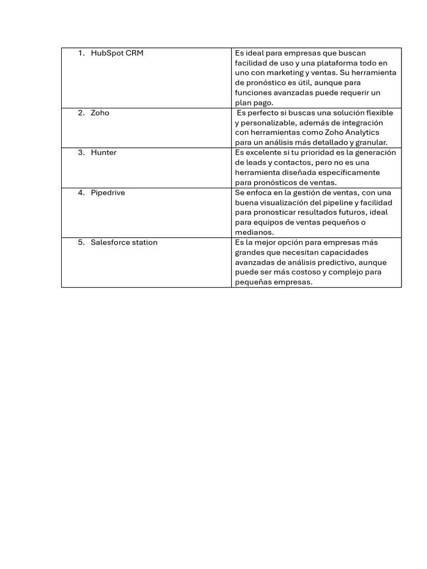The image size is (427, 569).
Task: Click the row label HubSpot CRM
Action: [116, 53]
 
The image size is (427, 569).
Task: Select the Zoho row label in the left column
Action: [100, 113]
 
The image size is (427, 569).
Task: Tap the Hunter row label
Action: [103, 152]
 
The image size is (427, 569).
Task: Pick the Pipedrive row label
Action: [108, 192]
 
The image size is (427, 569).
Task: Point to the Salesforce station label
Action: [124, 242]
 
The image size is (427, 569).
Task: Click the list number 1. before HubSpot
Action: [81, 53]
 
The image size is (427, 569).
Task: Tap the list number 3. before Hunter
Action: [81, 152]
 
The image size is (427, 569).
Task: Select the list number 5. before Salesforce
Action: [81, 242]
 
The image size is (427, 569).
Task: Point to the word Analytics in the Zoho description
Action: [359, 132]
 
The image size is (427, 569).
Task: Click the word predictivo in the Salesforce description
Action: [342, 262]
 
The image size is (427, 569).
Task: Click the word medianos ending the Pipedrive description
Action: [254, 232]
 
